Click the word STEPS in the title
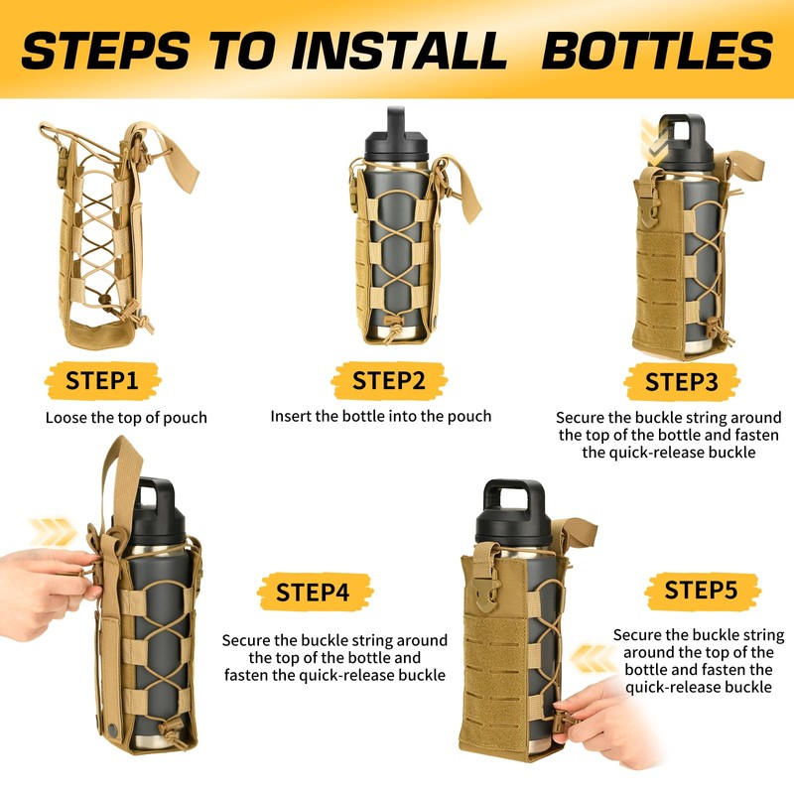(x=106, y=51)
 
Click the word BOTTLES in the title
(x=657, y=51)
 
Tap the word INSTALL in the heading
(x=399, y=51)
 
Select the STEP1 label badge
(x=102, y=380)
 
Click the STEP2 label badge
(x=388, y=380)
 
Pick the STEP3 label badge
(x=682, y=381)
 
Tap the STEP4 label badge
(x=314, y=592)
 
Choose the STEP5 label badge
(x=703, y=591)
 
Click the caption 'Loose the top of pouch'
(x=126, y=418)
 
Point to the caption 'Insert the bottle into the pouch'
(x=381, y=416)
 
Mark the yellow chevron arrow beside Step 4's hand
(x=53, y=532)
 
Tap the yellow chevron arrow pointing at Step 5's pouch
(x=594, y=658)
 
